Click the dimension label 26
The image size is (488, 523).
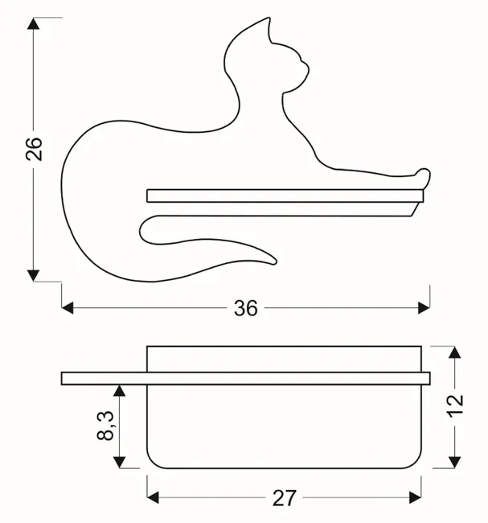pyautogui.click(x=34, y=149)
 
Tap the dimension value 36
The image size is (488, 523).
pyautogui.click(x=246, y=308)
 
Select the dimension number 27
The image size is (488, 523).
pyautogui.click(x=285, y=498)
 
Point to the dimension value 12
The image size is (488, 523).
pyautogui.click(x=455, y=406)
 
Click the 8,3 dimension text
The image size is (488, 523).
pyautogui.click(x=105, y=426)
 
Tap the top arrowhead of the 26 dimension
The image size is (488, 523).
pyautogui.click(x=33, y=23)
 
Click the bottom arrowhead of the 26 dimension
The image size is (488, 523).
pyautogui.click(x=33, y=275)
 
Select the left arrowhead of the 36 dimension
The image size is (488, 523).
pyautogui.click(x=68, y=308)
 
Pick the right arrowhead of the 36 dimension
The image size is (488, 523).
pyautogui.click(x=424, y=308)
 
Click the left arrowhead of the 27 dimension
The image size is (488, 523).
pyautogui.click(x=153, y=497)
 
